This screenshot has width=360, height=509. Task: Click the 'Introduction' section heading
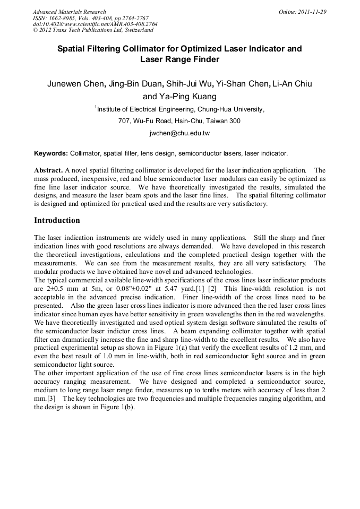pyautogui.click(x=57, y=220)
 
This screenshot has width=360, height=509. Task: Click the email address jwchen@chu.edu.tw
pyautogui.click(x=179, y=133)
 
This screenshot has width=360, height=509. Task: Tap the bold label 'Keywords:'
pyautogui.click(x=51, y=153)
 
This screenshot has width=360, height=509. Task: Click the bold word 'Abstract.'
pyautogui.click(x=48, y=171)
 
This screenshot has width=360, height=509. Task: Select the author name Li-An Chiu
pyautogui.click(x=292, y=84)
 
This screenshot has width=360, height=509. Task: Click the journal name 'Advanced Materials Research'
pyautogui.click(x=69, y=12)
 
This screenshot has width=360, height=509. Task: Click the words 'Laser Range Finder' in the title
pyautogui.click(x=179, y=59)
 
